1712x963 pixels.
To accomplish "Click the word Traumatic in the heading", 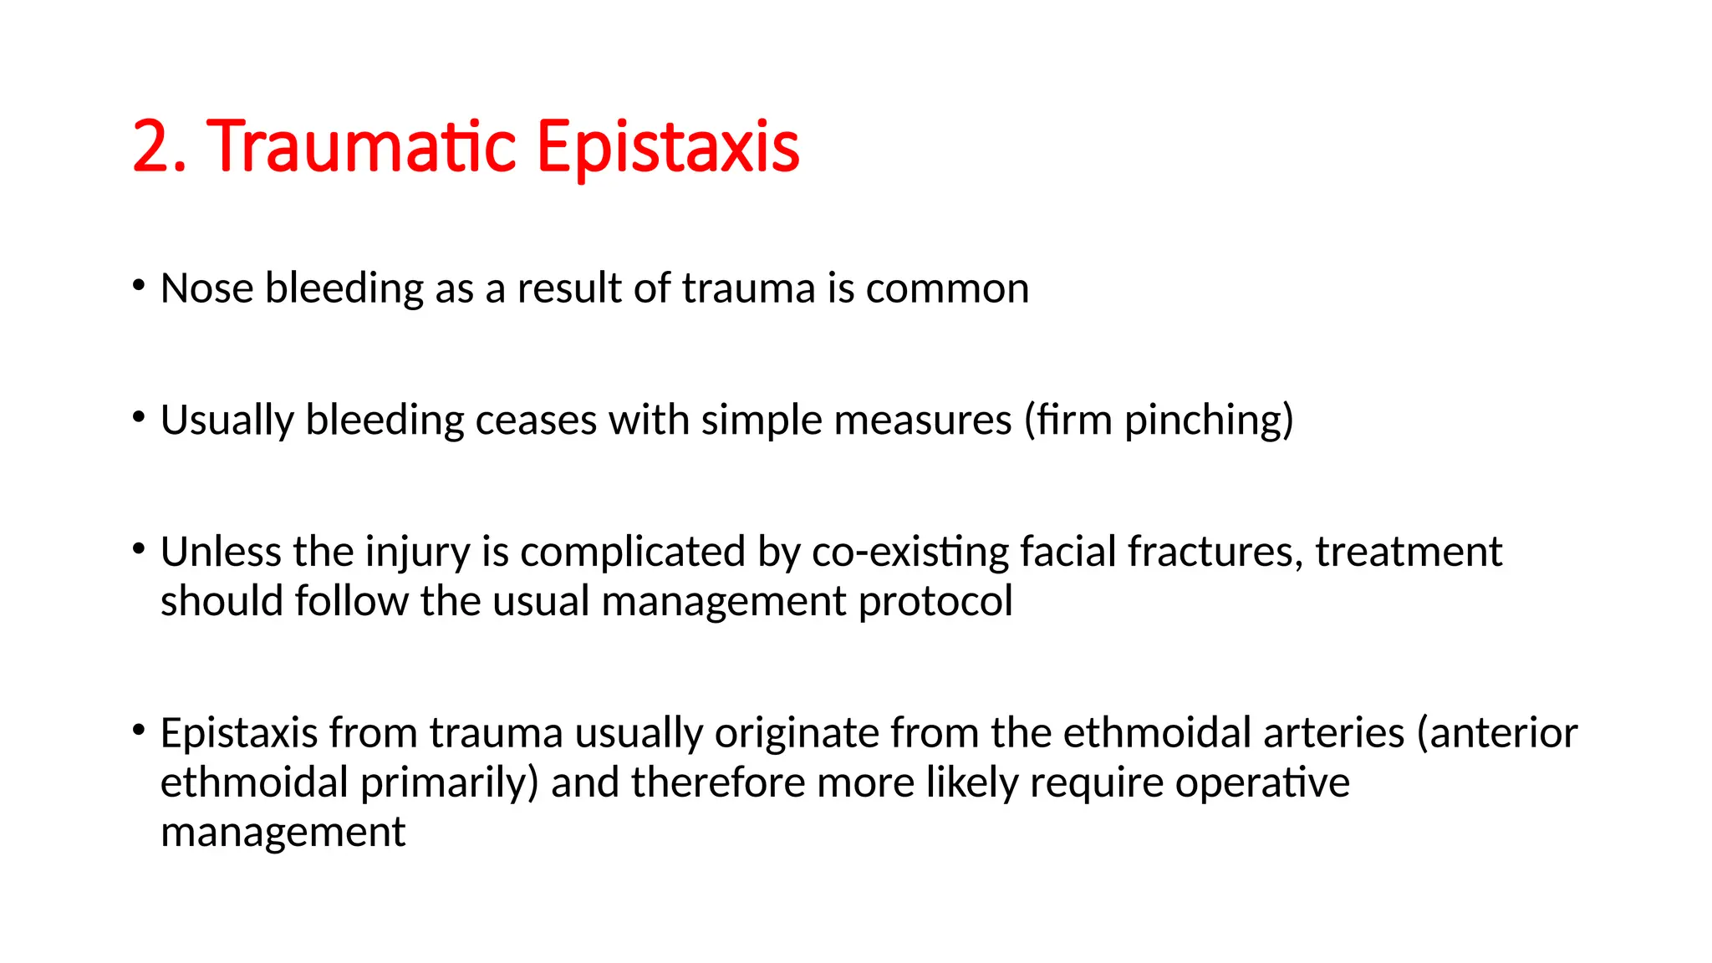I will (x=361, y=147).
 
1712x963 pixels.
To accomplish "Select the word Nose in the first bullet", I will (x=206, y=288).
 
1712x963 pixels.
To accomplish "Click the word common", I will (x=947, y=289).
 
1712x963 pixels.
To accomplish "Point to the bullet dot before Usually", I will (x=139, y=416).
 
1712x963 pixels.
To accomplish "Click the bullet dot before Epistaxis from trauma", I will (x=139, y=731).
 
